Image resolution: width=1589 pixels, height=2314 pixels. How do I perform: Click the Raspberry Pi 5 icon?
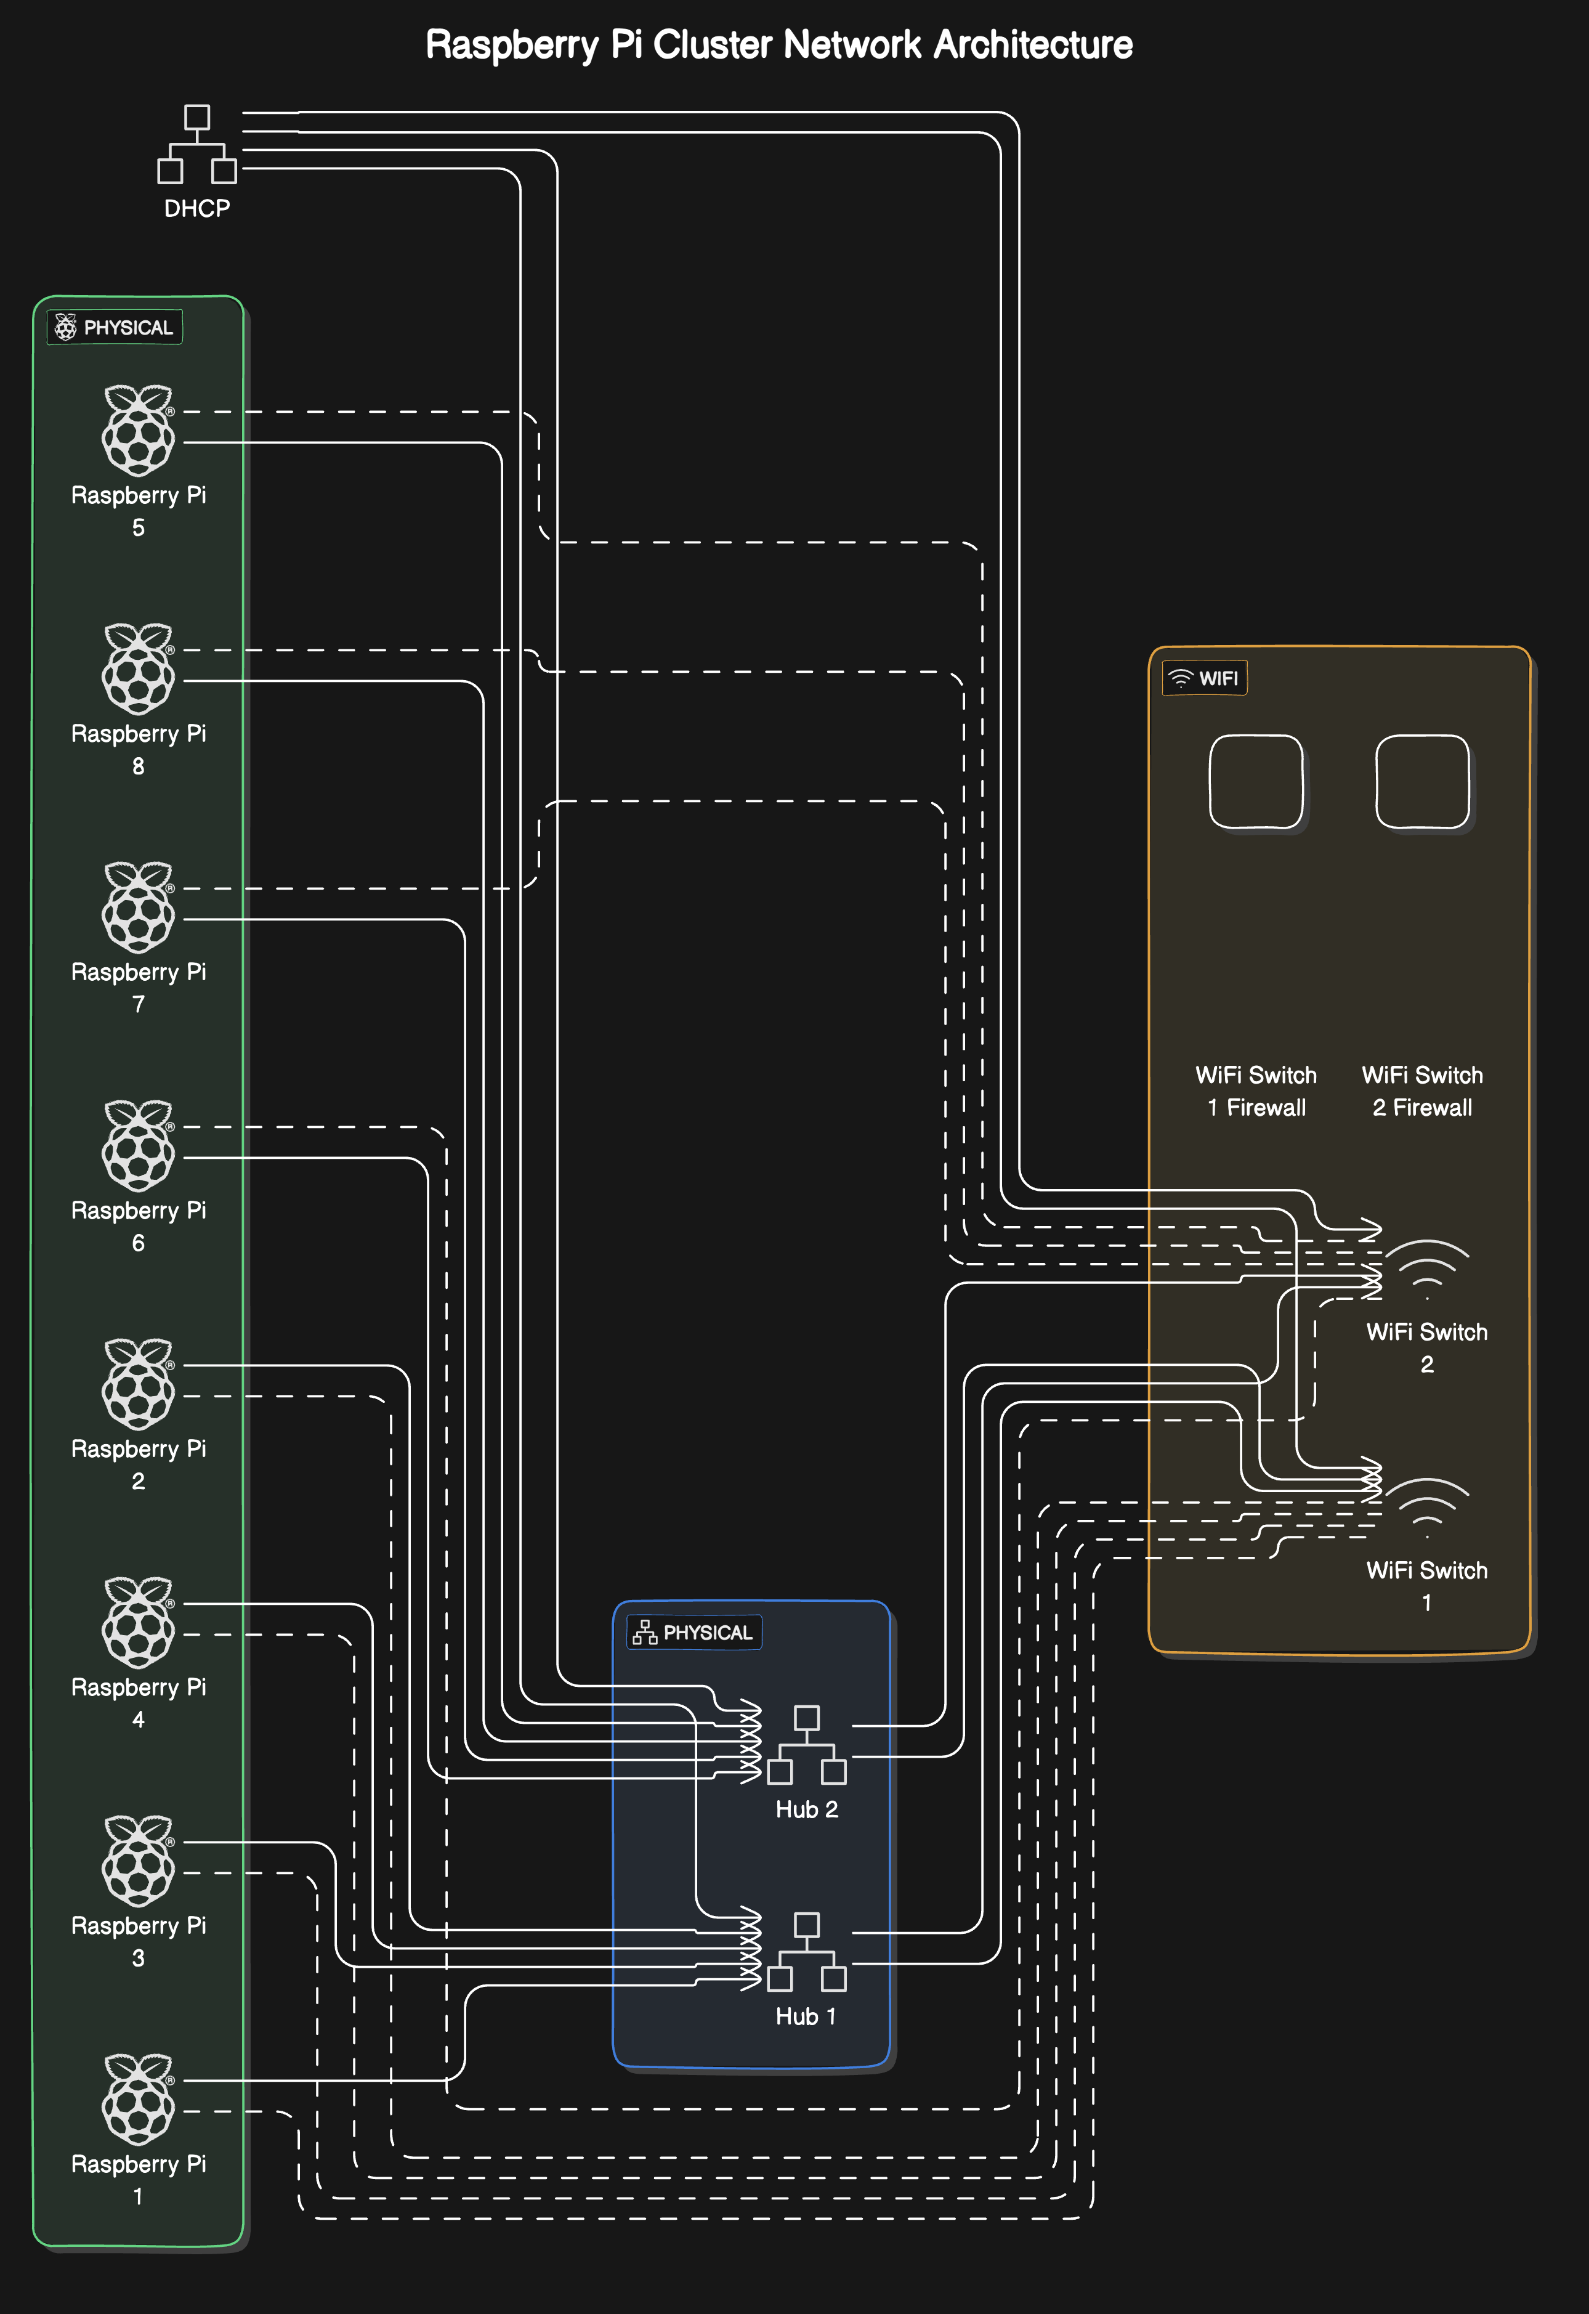tap(139, 430)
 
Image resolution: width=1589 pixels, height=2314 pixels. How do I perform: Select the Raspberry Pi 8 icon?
tap(139, 669)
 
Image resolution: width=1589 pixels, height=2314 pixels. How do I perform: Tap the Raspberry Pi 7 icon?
tap(139, 907)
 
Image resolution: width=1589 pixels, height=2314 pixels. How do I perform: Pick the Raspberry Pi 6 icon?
tap(139, 1145)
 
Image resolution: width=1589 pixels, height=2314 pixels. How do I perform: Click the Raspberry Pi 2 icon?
tap(139, 1384)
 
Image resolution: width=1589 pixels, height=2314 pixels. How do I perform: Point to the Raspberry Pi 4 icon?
tap(139, 1622)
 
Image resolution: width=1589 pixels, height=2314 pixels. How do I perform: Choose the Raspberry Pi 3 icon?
tap(139, 1861)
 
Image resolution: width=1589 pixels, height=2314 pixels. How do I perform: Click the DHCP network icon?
tap(197, 144)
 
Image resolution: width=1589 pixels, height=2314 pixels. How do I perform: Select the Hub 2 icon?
tap(806, 1745)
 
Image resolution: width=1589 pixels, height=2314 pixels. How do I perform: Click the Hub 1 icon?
tap(806, 1952)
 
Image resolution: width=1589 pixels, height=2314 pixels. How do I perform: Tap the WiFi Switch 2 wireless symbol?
tap(1427, 1270)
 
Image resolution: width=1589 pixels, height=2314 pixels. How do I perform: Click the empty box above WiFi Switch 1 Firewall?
tap(1255, 782)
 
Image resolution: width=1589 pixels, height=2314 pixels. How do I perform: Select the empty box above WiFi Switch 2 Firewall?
tap(1421, 782)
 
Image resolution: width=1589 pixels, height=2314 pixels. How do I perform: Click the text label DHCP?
tap(197, 208)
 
